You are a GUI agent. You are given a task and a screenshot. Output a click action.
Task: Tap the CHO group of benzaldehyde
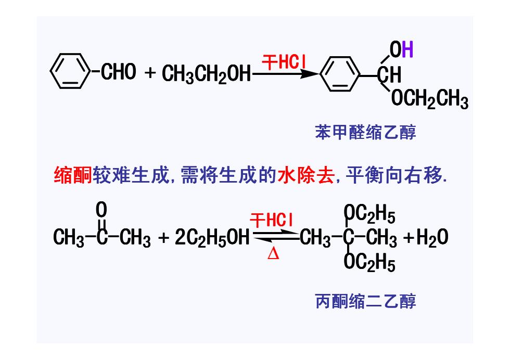click(x=119, y=72)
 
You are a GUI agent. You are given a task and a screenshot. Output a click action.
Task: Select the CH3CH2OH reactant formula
click(x=207, y=73)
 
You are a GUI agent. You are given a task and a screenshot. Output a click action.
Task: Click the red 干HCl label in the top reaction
click(x=284, y=61)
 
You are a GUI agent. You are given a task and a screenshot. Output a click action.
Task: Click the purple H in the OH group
click(x=407, y=49)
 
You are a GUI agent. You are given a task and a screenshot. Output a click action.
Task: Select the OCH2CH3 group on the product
click(x=430, y=98)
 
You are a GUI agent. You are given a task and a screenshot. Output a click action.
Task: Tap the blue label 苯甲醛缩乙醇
click(x=365, y=132)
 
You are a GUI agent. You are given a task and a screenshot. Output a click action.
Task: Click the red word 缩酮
click(x=73, y=175)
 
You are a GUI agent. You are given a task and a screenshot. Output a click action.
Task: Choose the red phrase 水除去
click(x=306, y=175)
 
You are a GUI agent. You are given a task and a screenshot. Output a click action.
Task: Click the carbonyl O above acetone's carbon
click(x=101, y=210)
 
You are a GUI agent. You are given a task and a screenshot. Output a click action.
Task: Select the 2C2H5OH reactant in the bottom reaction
click(x=212, y=237)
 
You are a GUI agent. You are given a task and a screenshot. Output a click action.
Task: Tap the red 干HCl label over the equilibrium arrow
click(x=272, y=220)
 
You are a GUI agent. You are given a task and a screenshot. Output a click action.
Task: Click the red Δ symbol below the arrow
click(x=273, y=254)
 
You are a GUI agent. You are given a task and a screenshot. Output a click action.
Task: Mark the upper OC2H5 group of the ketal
click(x=369, y=214)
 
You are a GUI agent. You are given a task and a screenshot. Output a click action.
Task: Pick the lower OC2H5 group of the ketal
click(x=369, y=262)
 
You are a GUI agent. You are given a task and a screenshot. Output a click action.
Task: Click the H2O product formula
click(x=432, y=237)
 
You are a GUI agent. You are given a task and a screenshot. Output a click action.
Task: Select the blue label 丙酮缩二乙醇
click(x=365, y=301)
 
